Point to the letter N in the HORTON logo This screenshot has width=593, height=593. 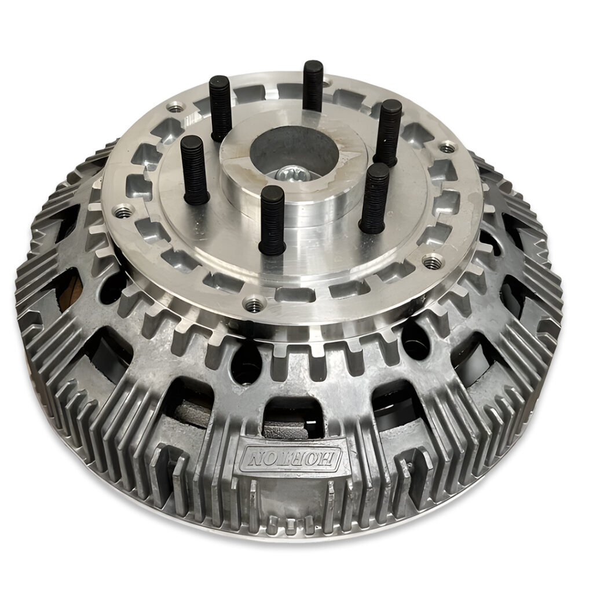tap(254, 457)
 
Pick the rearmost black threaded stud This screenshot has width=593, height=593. tap(313, 86)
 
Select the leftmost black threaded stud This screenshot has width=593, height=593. tap(195, 169)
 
